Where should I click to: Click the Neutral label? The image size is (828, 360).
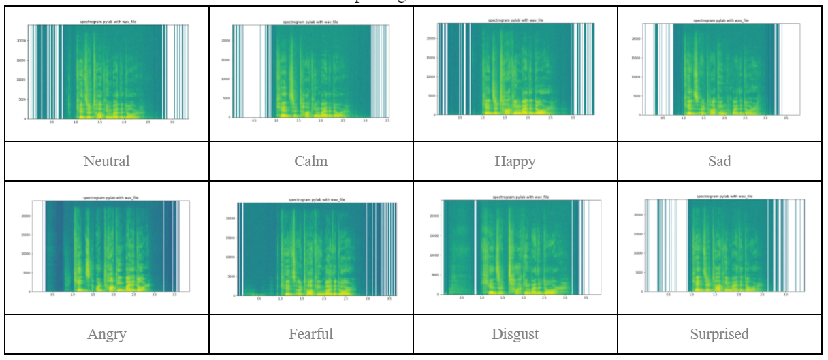coord(106,161)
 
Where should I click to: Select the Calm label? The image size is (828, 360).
coord(310,161)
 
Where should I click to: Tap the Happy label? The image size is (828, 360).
coord(515,161)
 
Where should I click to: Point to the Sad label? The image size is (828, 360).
coord(719,161)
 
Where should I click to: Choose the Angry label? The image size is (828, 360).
coord(106,334)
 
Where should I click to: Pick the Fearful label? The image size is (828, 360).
coord(310,334)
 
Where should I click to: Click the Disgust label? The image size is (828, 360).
coord(515,334)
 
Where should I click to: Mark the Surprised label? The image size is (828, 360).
coord(719,334)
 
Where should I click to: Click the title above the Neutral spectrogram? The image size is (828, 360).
coord(108,22)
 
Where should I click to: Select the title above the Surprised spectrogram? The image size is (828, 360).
coord(724,196)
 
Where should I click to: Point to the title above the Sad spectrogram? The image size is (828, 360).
coord(720,20)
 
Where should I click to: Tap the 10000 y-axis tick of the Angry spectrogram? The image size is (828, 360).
coord(27,254)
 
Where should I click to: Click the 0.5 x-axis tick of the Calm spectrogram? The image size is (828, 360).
coord(254,121)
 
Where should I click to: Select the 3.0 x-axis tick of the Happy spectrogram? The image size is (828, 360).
coord(572,118)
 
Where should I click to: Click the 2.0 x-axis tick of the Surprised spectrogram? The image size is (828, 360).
coord(738,295)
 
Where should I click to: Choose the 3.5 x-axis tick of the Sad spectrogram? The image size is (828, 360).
coord(786,118)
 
